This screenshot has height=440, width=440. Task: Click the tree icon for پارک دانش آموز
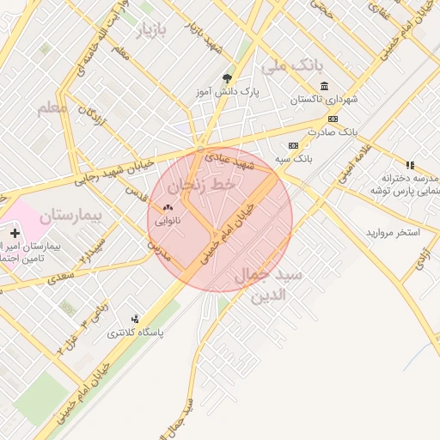click(227, 78)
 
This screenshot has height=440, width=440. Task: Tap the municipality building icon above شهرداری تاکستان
click(323, 87)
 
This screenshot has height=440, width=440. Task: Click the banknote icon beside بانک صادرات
click(333, 119)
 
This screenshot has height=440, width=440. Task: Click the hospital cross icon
click(15, 233)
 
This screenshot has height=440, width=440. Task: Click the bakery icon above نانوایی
click(167, 208)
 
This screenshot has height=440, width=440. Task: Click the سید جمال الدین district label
click(268, 286)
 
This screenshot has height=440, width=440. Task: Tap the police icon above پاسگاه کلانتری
click(134, 319)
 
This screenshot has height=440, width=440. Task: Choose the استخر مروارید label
click(392, 233)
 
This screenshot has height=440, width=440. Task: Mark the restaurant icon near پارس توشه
click(410, 165)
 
